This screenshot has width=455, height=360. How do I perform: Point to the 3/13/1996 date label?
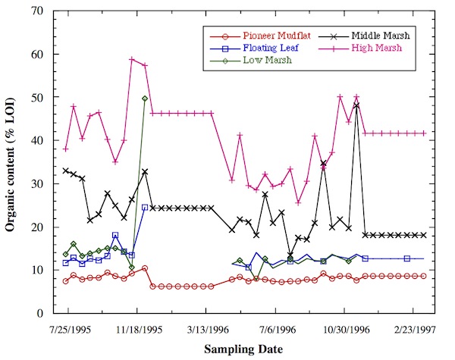[206, 330]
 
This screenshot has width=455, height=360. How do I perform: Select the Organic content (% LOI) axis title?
[14, 162]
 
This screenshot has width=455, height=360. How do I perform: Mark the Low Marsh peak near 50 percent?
[144, 99]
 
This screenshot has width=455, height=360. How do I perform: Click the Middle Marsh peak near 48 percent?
[356, 105]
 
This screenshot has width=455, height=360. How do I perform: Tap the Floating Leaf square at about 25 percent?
[144, 207]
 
